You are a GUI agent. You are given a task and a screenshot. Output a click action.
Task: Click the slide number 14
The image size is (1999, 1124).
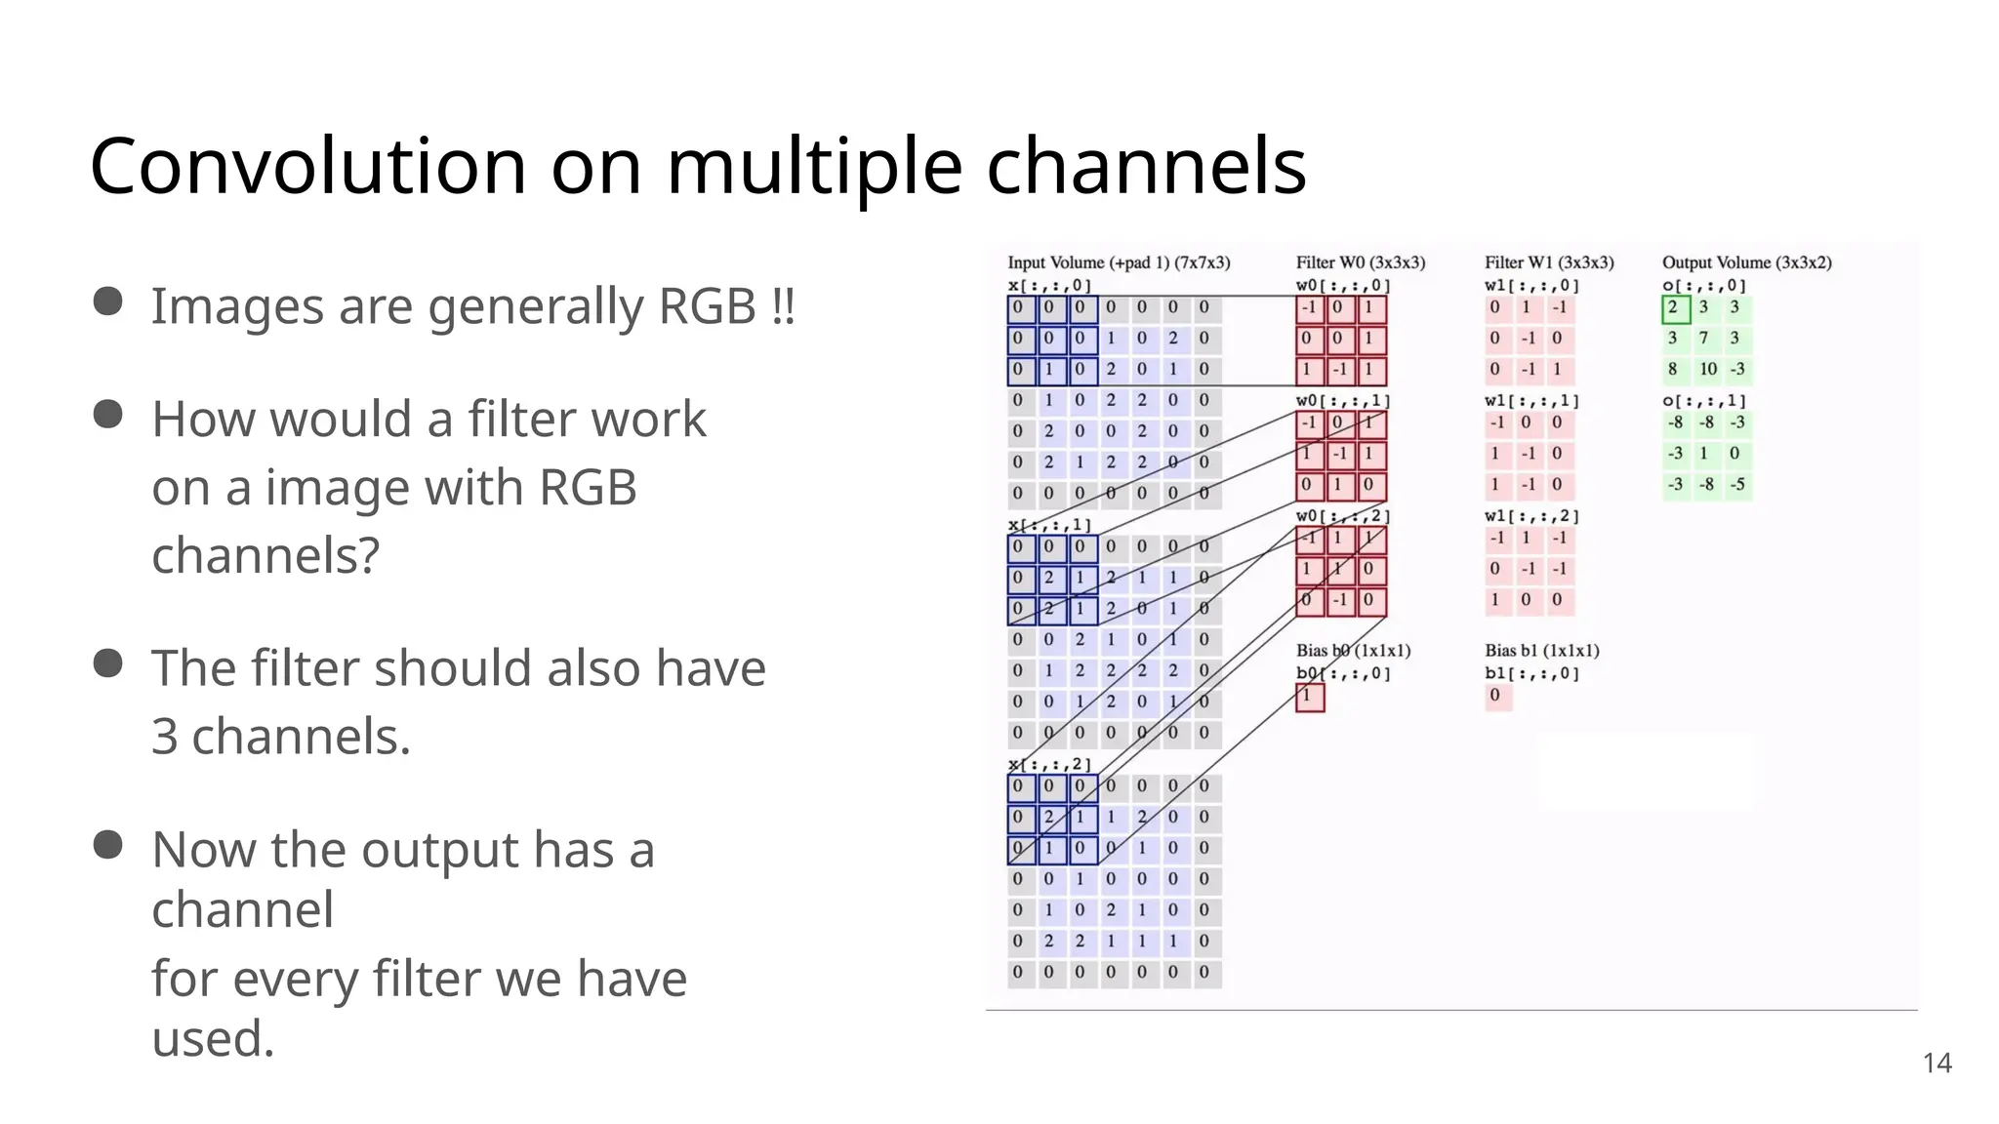click(x=1937, y=1063)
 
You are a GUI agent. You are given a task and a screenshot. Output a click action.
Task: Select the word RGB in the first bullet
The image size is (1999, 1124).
click(x=707, y=306)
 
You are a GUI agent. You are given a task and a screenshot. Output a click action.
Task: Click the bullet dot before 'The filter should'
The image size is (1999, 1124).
click(x=107, y=663)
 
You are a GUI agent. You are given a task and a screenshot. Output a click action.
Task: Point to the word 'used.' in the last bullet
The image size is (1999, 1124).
click(x=213, y=1038)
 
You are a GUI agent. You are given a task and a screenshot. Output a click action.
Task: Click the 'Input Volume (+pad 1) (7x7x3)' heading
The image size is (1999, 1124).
click(x=1118, y=262)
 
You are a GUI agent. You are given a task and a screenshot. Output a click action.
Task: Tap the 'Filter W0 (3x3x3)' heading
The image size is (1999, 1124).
click(x=1360, y=262)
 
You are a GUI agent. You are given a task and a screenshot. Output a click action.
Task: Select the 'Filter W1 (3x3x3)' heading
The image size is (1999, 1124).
click(x=1548, y=262)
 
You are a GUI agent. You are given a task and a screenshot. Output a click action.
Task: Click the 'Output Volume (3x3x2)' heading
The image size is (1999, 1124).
click(x=1746, y=262)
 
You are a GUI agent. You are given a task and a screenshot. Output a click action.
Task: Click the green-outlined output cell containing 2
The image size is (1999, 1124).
click(x=1675, y=308)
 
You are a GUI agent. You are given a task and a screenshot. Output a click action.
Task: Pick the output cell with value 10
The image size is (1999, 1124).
click(x=1707, y=370)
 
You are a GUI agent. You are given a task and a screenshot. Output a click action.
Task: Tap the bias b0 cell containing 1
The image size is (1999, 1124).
click(x=1309, y=697)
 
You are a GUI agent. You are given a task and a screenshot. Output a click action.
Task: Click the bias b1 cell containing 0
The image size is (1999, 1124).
click(x=1495, y=696)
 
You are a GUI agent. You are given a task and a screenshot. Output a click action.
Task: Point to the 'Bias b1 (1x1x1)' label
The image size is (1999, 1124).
click(x=1541, y=650)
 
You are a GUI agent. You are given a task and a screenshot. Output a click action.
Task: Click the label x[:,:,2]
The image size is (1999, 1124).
click(x=1048, y=764)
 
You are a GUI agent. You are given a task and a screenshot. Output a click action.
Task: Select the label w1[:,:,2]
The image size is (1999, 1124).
click(x=1530, y=516)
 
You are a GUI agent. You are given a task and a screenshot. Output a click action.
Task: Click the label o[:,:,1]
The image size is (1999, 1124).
click(x=1703, y=401)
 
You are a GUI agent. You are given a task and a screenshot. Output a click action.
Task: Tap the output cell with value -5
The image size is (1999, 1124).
click(x=1737, y=485)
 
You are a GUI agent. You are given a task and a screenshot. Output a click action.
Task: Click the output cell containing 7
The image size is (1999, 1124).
click(x=1704, y=339)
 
